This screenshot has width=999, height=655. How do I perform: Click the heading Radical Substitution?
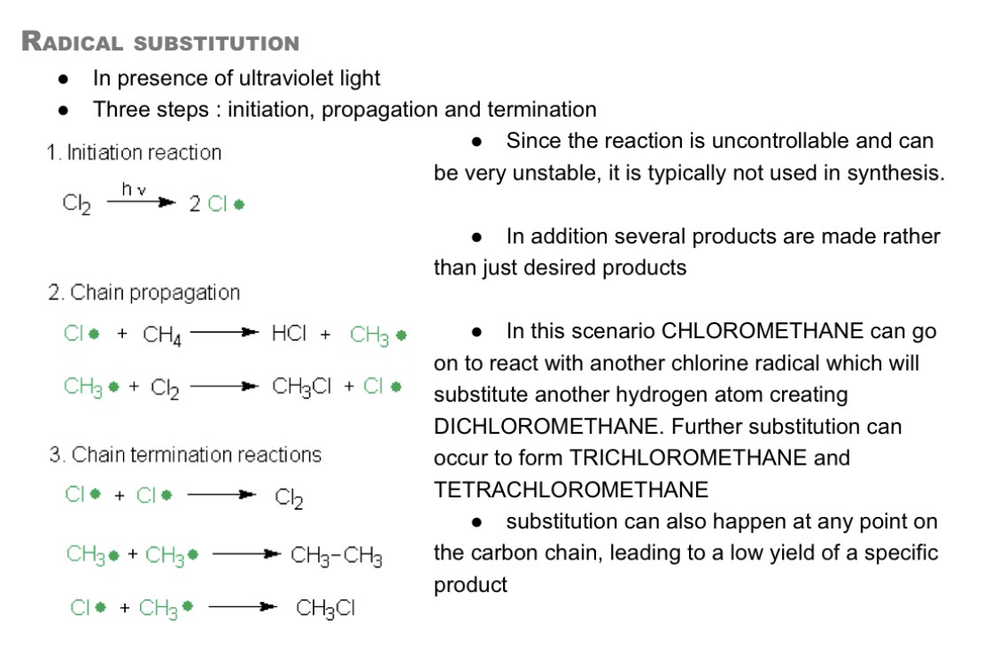pos(160,42)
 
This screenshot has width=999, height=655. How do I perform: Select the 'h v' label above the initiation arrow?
pos(134,189)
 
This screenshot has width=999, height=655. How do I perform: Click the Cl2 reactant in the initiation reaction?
pos(76,204)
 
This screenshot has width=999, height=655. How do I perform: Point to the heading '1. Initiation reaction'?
pos(134,153)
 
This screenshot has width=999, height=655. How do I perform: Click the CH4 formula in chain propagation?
pos(162,335)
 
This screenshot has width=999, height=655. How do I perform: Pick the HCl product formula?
pos(289,333)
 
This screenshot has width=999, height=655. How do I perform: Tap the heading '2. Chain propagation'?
pos(144,293)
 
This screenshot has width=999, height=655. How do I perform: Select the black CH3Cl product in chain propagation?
pos(301,387)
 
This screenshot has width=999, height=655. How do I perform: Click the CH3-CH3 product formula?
pos(337,556)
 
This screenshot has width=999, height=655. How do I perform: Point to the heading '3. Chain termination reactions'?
pos(185,454)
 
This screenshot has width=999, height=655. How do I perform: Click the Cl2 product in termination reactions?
pos(289,497)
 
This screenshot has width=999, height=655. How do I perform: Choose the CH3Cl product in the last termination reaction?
pos(326,609)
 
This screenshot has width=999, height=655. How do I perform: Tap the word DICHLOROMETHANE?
pos(546,426)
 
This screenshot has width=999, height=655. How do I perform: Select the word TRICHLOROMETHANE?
pos(688,458)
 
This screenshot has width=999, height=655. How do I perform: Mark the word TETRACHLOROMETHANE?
pos(571,489)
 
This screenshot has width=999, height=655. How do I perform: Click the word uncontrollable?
pos(780,141)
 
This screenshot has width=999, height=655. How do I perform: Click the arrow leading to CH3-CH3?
pos(246,554)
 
